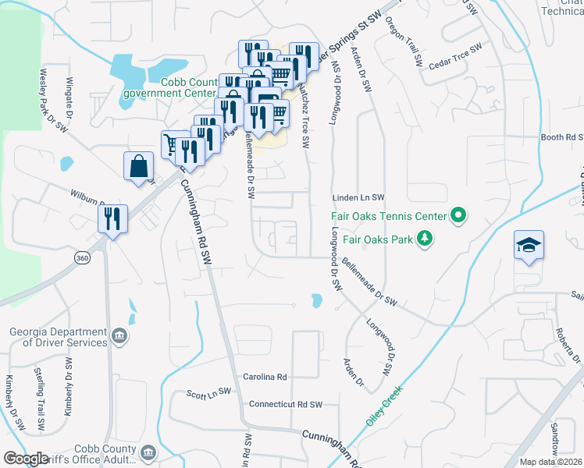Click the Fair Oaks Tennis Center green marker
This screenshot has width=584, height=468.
coord(458,215)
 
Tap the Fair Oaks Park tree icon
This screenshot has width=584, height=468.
coord(425,239)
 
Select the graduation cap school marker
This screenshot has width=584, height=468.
coord(529,246)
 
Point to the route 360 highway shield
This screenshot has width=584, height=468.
coord(80,257)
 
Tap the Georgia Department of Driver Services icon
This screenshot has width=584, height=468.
coord(119,336)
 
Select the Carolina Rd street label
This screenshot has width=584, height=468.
coord(265,377)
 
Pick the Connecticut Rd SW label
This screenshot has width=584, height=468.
coord(285,405)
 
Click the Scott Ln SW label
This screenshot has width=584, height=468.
coord(209,392)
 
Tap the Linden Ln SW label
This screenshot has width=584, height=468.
coord(359,198)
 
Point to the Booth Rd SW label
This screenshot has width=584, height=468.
coord(562,137)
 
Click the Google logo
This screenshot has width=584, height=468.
coord(26,459)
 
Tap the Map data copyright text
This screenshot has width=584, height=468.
coord(551,462)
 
